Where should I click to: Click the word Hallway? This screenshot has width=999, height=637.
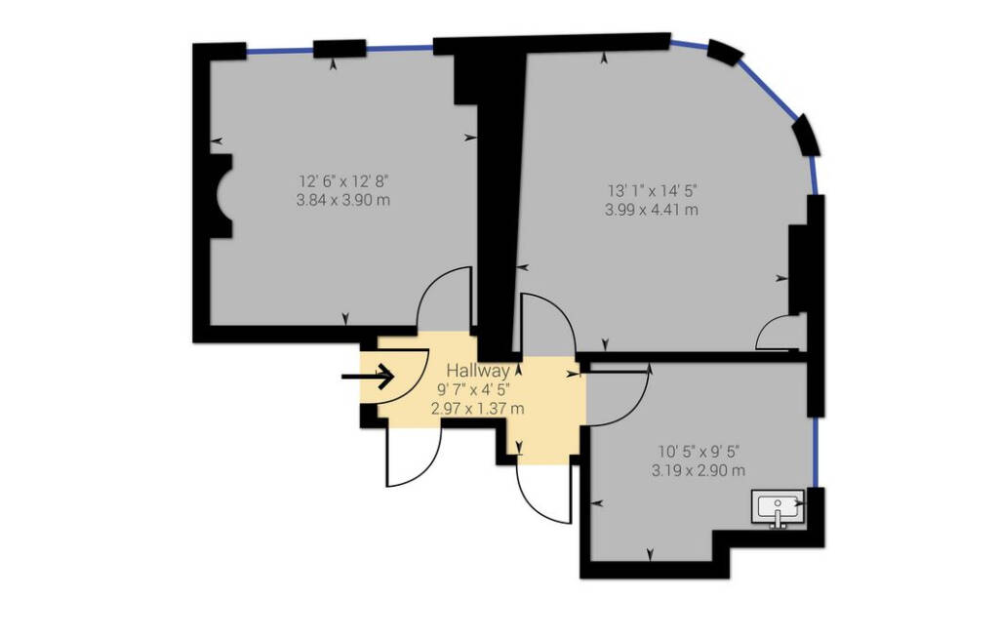[x=478, y=370]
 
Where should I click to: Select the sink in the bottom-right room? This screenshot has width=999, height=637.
[x=778, y=508]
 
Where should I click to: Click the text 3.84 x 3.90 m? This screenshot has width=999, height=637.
[x=343, y=200]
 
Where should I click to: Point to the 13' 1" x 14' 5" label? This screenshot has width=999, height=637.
[x=652, y=190]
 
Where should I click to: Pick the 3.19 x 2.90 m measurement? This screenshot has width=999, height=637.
[x=699, y=471]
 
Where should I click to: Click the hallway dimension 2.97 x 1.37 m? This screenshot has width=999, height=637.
[x=478, y=409]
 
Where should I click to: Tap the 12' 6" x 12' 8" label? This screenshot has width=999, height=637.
[x=343, y=180]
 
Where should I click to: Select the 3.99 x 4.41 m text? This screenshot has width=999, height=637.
[x=652, y=209]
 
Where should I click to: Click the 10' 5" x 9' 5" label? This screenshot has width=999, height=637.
[x=699, y=452]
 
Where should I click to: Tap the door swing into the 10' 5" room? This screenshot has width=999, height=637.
[x=638, y=409]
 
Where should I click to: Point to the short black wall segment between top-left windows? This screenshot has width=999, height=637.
[x=340, y=48]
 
